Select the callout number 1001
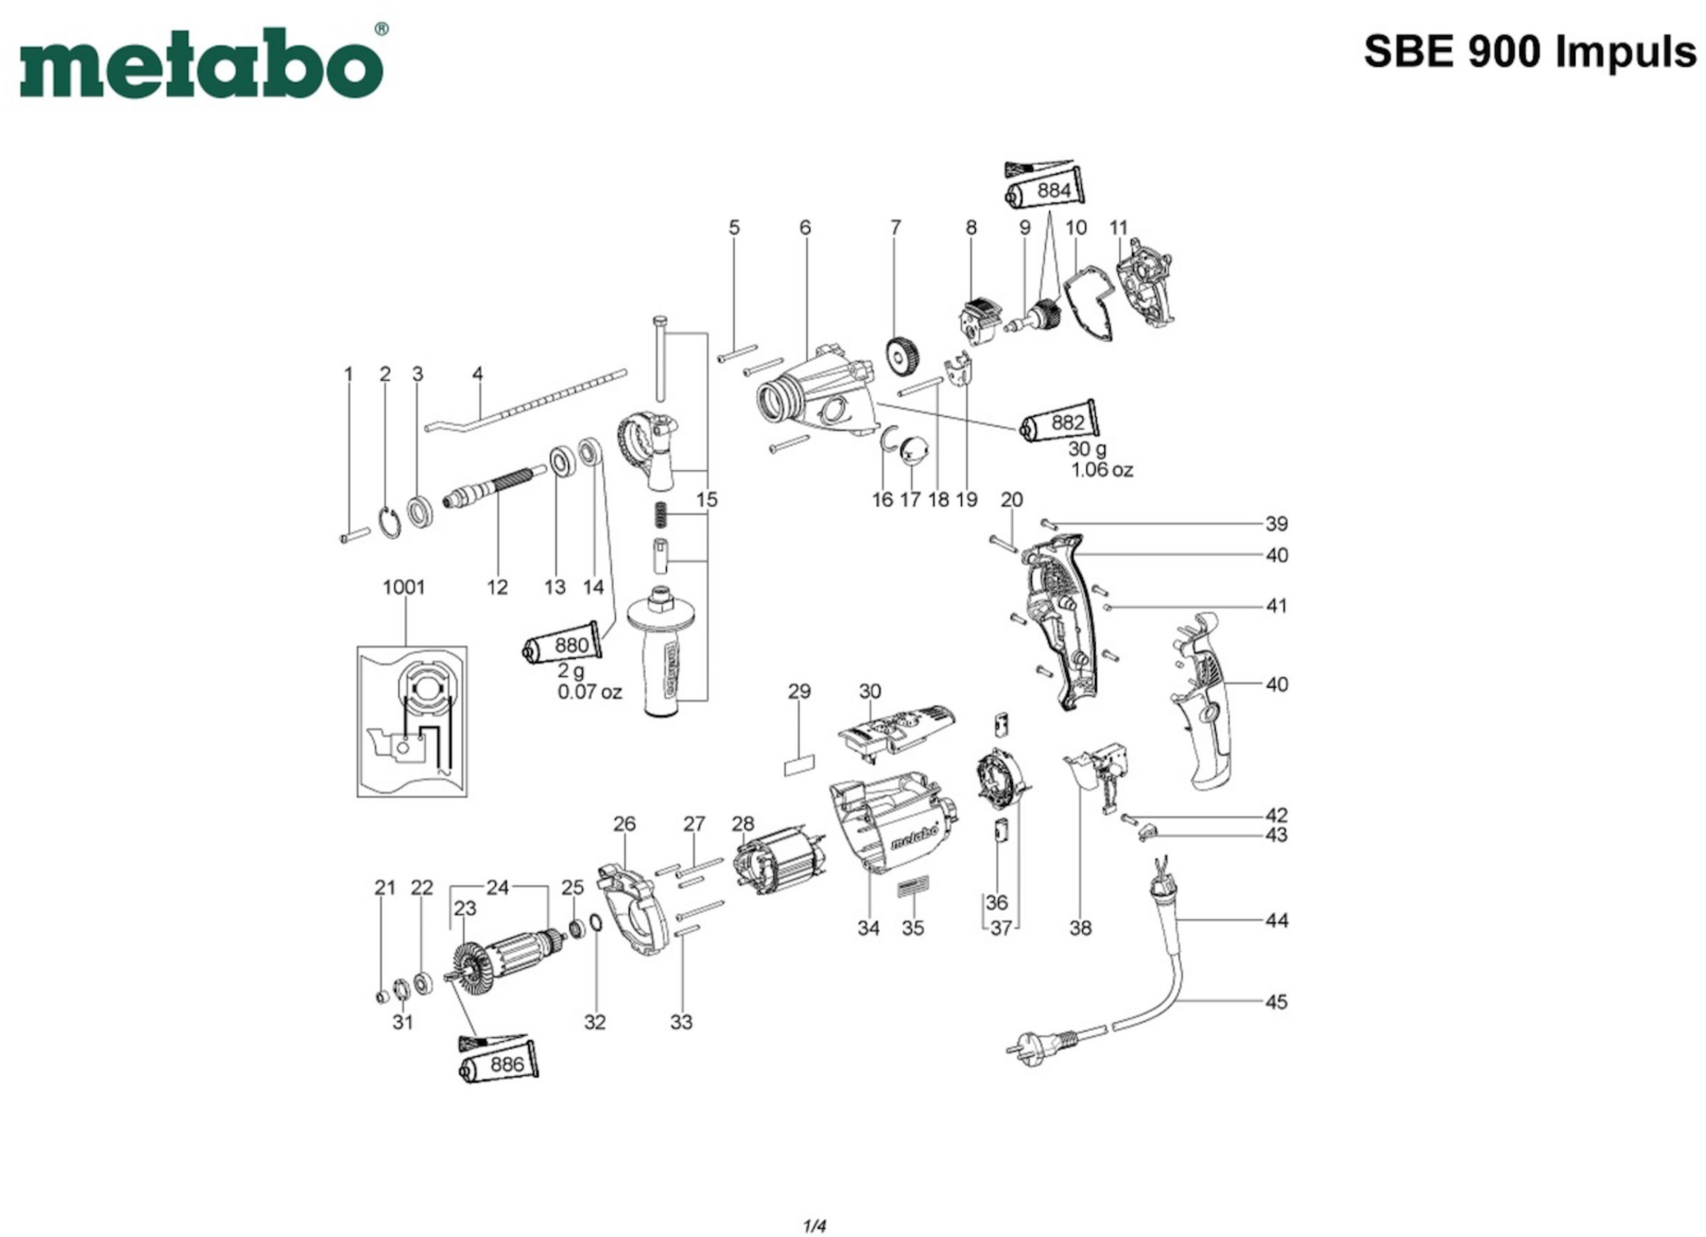coord(404,587)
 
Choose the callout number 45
coord(1276,1001)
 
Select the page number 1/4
coord(815,1227)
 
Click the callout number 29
coord(800,691)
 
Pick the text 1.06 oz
coord(1102,470)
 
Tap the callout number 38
coord(1080,928)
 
